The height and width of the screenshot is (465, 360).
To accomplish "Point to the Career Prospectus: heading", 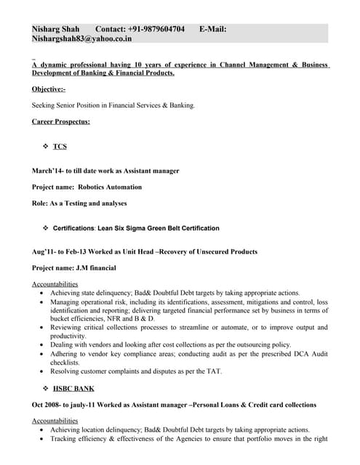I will point(61,121).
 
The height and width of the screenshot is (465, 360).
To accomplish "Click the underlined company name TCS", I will point(60,146).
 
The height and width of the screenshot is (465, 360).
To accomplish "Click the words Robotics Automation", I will point(110,187).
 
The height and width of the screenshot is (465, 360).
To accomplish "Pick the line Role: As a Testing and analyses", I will point(79,203).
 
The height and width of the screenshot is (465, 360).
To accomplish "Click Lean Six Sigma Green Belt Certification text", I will point(158,228).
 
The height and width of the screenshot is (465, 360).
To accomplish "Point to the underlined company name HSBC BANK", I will point(73,388).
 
